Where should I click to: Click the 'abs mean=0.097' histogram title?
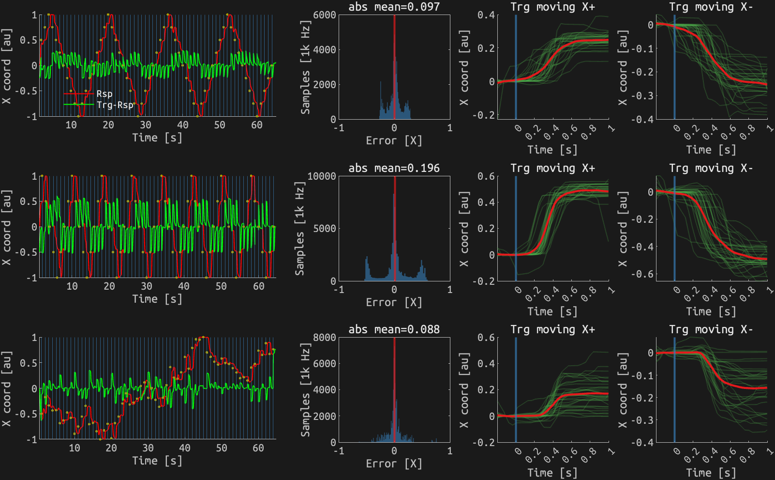click(394, 7)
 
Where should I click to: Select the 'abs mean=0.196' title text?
click(394, 168)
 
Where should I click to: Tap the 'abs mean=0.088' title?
click(394, 329)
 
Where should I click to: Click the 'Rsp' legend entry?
click(104, 93)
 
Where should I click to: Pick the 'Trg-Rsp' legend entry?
click(115, 105)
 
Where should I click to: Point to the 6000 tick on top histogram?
click(325, 15)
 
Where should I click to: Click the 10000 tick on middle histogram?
click(322, 176)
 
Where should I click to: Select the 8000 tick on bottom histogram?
click(325, 338)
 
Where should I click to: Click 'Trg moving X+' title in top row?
click(552, 7)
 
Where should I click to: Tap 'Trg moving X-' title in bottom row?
click(711, 329)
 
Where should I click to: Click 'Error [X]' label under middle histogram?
click(394, 302)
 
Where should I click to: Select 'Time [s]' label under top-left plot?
click(157, 138)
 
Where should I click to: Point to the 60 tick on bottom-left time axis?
click(258, 448)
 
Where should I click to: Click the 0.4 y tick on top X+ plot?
click(486, 15)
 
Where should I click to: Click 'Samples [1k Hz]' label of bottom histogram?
click(305, 390)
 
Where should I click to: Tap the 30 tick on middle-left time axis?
click(146, 286)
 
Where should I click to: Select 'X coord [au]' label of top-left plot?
click(6, 66)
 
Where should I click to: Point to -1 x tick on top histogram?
click(339, 128)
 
